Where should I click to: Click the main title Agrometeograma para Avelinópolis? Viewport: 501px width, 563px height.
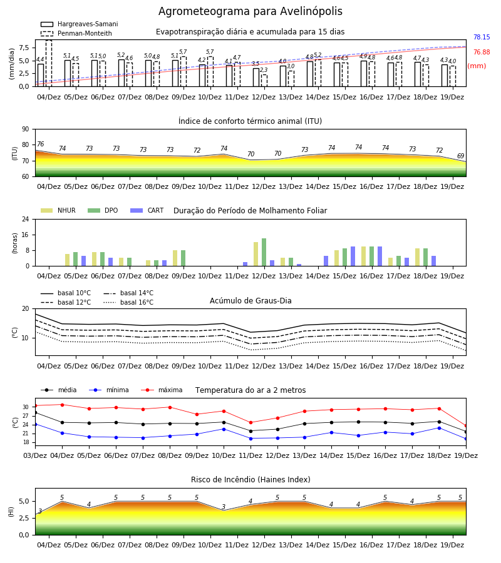click(x=250, y=11)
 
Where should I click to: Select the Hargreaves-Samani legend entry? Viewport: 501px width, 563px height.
click(x=79, y=24)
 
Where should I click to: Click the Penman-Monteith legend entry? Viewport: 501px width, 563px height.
click(x=76, y=33)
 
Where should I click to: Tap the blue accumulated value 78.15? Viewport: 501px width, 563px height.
click(x=482, y=37)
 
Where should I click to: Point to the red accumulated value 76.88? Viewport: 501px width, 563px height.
click(x=482, y=52)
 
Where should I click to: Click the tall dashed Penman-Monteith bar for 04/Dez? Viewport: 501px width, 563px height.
click(x=48, y=63)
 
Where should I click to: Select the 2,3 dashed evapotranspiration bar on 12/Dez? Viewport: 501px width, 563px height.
click(x=264, y=81)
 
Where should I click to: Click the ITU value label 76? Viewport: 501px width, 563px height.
click(x=40, y=144)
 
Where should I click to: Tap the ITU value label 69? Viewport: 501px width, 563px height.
click(x=460, y=156)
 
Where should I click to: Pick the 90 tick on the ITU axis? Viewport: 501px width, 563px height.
click(x=26, y=129)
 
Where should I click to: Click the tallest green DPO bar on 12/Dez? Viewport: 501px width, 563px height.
click(x=264, y=252)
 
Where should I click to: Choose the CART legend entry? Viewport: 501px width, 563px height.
click(x=147, y=210)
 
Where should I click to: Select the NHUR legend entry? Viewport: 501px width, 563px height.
click(x=58, y=210)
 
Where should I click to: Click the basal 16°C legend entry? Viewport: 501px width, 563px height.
click(x=128, y=302)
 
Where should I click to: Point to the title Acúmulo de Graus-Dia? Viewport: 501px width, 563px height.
click(x=250, y=300)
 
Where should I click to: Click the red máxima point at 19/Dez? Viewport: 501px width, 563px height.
click(x=466, y=426)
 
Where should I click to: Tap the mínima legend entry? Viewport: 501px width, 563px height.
click(x=109, y=390)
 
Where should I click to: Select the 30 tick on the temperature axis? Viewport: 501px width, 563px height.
click(x=26, y=407)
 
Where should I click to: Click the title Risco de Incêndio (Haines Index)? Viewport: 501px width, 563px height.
click(x=250, y=480)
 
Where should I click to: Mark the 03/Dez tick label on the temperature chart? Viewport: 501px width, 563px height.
click(x=35, y=455)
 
